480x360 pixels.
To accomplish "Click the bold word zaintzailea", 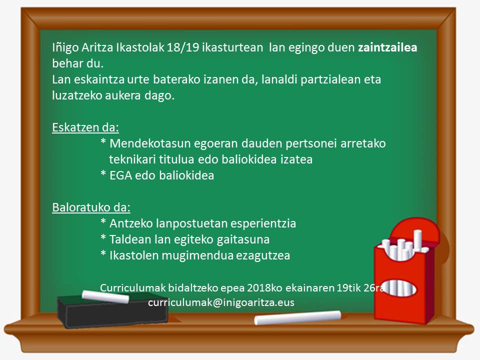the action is (x=387, y=47).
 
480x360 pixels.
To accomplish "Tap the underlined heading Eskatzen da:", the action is (x=85, y=127).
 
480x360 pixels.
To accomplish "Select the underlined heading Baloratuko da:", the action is (x=91, y=207).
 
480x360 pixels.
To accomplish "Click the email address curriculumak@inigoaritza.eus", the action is (x=221, y=302).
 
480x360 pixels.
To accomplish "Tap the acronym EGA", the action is (x=120, y=175).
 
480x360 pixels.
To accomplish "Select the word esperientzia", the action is (x=263, y=224).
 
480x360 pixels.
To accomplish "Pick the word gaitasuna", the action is (x=243, y=239).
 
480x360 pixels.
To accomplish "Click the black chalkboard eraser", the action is (x=112, y=311).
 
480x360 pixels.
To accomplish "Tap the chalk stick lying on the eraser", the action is (x=105, y=296).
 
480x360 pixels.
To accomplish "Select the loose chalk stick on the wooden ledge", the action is (x=297, y=317).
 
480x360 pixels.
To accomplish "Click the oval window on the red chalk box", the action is (x=399, y=288).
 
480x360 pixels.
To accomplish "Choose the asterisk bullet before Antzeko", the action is (x=103, y=222).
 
